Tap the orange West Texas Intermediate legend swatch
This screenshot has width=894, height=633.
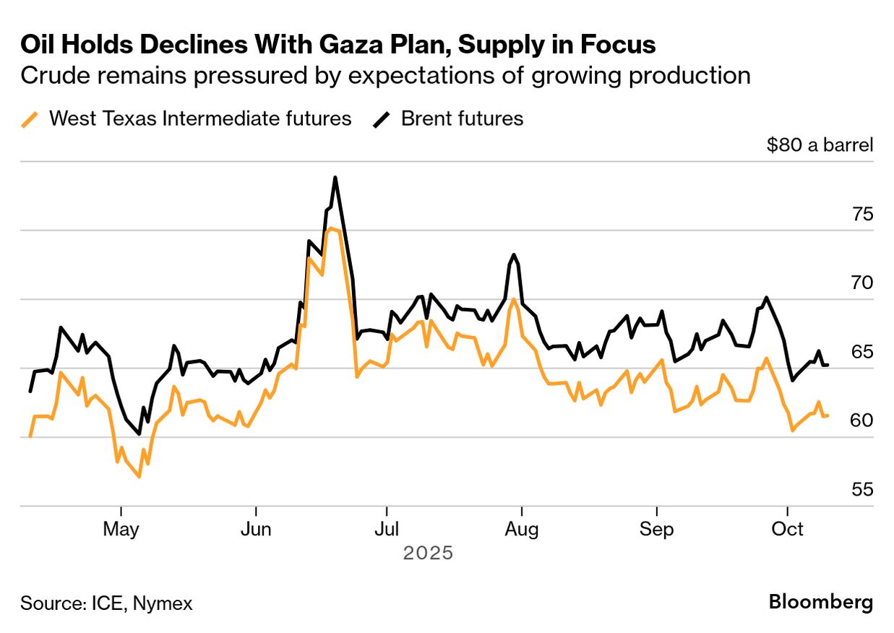pos(30,119)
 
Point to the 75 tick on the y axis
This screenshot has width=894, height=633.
pos(862,215)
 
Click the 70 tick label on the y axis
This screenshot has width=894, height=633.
pos(862,283)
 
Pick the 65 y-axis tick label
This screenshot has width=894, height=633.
pos(862,352)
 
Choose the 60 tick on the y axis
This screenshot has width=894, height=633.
pos(862,421)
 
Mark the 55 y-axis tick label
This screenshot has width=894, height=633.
pos(862,489)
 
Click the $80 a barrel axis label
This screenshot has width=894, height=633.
pos(820,145)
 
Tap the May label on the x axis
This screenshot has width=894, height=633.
pos(121,529)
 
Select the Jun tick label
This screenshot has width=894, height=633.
pos(256,529)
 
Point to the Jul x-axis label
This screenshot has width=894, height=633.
pos(387,529)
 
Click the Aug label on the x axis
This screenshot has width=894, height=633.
pos(521,529)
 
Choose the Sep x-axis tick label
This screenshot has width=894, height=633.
pos(656,529)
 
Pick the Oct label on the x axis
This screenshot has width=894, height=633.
pos(788,529)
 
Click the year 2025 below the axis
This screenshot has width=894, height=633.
pos(428,554)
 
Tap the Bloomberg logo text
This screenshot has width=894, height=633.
pos(820,602)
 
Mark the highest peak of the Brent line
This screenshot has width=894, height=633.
pos(335,177)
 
